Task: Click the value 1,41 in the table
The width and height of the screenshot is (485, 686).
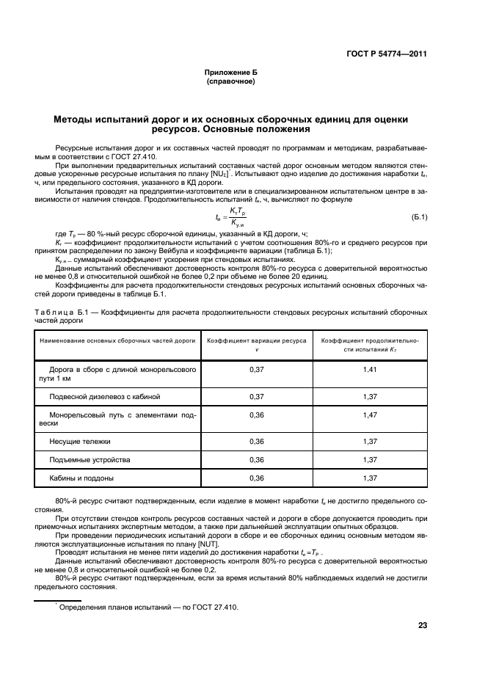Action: click(370, 369)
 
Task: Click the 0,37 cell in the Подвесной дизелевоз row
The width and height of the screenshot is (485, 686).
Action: click(256, 396)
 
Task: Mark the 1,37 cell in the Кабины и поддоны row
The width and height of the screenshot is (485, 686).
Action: click(370, 478)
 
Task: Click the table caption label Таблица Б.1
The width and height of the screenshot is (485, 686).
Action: click(62, 312)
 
